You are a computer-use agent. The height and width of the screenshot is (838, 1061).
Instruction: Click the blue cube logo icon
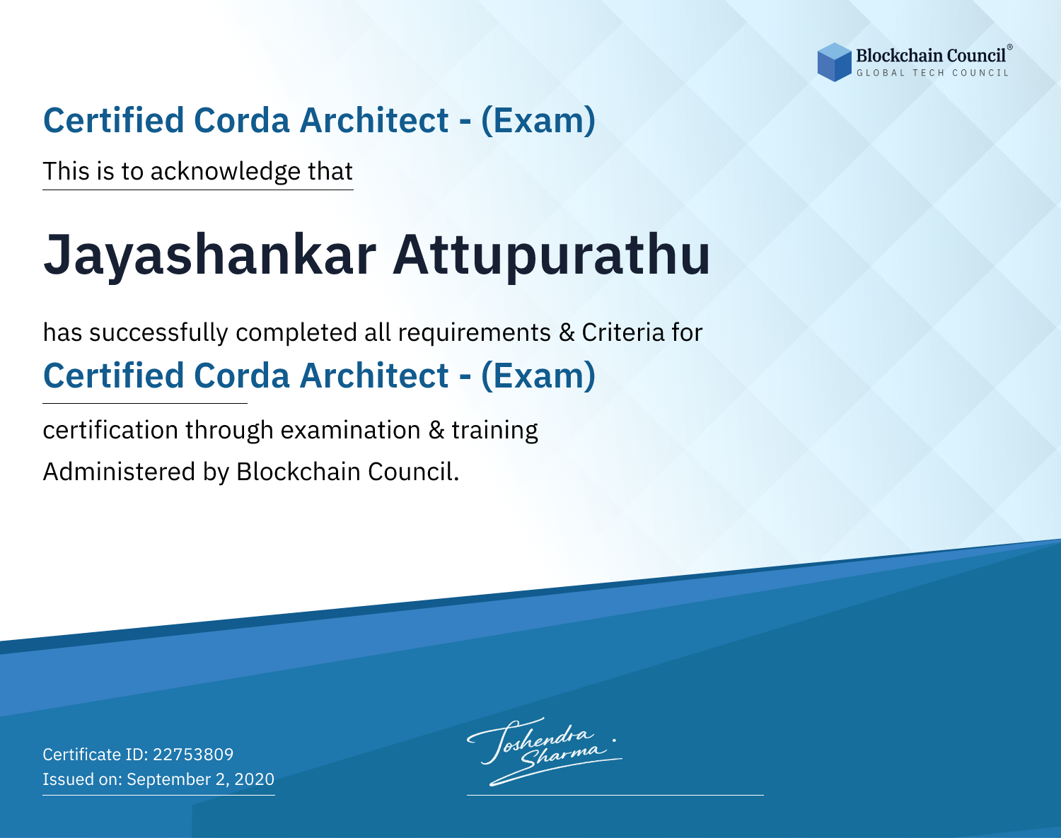834,62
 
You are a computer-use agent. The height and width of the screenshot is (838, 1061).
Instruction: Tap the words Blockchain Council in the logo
931,56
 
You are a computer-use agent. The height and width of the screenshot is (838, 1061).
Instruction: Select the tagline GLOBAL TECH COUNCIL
933,73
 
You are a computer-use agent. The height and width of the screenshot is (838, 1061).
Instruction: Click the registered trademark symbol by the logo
1010,47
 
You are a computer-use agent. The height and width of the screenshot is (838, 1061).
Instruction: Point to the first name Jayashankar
210,256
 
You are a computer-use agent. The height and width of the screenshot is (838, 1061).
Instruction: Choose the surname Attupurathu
551,256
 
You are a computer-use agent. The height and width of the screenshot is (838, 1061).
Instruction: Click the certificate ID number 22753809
193,754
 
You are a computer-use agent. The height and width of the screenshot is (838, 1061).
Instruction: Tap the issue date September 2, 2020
201,779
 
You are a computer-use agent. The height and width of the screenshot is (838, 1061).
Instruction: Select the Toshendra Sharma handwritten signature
545,751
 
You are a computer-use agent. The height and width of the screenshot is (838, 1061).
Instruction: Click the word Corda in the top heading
242,120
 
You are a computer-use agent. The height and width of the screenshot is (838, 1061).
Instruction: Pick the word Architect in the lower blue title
374,376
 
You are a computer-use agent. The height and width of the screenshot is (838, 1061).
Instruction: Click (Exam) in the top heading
538,121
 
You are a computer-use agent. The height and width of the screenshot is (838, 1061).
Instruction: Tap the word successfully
158,333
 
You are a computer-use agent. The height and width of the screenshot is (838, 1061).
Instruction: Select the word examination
351,430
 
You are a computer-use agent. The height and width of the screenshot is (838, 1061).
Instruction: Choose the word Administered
120,472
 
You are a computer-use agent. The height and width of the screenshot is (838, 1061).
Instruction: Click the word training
495,431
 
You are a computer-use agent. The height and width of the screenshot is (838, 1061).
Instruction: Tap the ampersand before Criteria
567,333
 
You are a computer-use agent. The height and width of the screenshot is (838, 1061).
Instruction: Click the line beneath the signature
615,795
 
